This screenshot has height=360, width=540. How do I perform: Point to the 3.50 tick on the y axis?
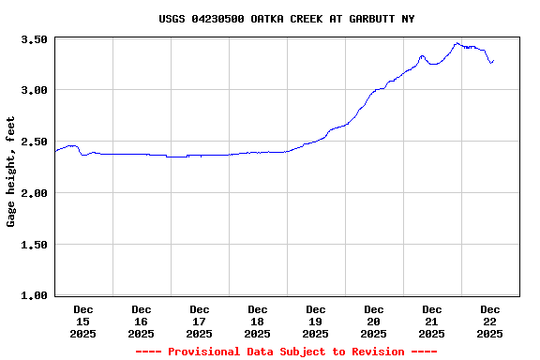[34, 39]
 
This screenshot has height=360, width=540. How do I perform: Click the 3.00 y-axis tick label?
[34, 90]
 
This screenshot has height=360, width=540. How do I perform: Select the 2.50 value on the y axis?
[34, 142]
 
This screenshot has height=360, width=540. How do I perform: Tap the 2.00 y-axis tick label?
[34, 193]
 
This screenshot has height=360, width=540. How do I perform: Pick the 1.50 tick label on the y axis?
[34, 245]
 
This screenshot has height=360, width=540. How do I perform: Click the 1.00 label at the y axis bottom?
[34, 295]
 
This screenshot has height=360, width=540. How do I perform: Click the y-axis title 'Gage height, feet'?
[11, 172]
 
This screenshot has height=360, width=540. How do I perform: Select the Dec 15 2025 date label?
[83, 321]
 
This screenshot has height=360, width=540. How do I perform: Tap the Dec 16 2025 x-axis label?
[142, 321]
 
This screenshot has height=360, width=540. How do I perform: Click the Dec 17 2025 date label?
[200, 321]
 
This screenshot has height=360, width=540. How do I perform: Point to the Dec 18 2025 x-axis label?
[258, 321]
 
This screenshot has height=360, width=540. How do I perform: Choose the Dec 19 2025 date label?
[316, 321]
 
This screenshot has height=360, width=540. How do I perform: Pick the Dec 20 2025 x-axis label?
[374, 321]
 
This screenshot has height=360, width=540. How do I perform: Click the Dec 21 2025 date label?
[432, 321]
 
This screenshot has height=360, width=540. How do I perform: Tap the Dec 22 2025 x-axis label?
[490, 321]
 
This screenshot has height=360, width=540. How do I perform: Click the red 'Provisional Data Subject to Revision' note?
[286, 352]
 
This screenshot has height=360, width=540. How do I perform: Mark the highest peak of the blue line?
[457, 43]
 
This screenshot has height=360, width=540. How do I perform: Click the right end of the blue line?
[493, 61]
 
